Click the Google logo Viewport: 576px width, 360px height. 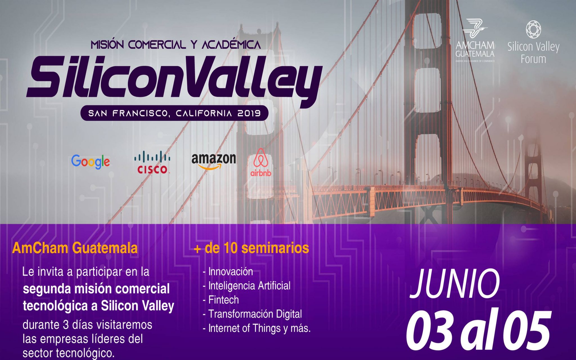[91, 162]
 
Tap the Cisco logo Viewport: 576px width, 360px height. [152, 162]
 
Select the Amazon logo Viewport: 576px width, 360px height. [214, 161]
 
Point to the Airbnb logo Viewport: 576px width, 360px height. [261, 162]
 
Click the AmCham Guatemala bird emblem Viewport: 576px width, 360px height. [475, 28]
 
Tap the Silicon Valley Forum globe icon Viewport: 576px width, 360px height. [533, 29]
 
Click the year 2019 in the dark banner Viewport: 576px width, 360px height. [249, 113]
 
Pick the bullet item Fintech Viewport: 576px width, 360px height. [224, 300]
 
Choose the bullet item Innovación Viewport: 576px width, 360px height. [231, 272]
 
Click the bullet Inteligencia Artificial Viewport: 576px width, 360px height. [249, 286]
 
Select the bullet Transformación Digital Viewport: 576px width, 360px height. [255, 314]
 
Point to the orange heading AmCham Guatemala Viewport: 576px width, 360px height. [75, 248]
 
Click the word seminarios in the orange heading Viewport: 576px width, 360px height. [275, 248]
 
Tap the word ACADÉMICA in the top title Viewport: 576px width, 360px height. [231, 44]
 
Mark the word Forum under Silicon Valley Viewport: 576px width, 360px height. [533, 59]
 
